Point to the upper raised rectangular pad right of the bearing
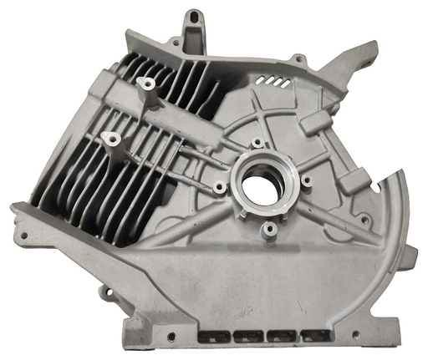(x=318, y=122)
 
